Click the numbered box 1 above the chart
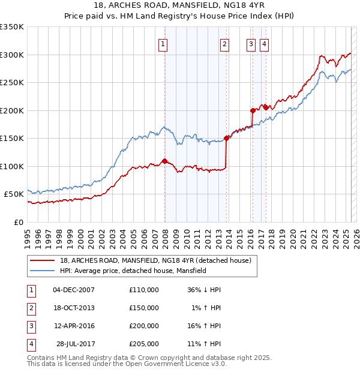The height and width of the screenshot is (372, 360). click(163, 43)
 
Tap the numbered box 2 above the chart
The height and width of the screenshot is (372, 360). click(224, 43)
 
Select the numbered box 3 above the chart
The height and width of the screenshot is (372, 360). click(250, 43)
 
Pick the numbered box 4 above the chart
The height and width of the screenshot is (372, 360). click(264, 43)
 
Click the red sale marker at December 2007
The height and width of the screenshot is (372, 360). click(164, 161)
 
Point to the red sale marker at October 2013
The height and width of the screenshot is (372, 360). click(227, 138)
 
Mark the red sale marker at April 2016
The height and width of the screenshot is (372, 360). click(253, 110)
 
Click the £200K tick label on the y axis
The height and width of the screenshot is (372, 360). click(12, 110)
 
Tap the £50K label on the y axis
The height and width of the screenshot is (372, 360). click(14, 194)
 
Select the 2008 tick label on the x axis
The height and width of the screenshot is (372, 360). click(165, 238)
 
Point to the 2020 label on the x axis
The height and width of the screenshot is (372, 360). click(292, 238)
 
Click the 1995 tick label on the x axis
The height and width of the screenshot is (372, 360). click(28, 238)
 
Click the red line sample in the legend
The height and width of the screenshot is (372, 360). click(42, 260)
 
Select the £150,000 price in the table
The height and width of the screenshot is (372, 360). click(144, 308)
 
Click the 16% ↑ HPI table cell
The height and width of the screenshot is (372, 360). click(205, 326)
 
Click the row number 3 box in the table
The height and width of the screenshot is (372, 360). click(30, 326)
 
